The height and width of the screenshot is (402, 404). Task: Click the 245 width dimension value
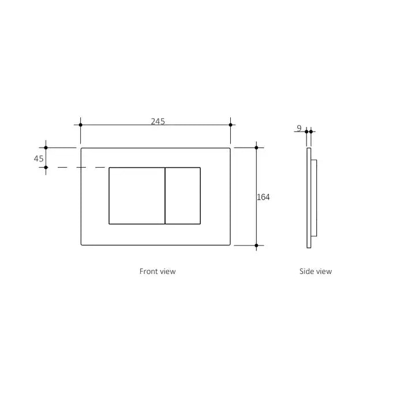158,121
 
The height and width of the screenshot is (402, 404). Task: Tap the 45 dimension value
39,159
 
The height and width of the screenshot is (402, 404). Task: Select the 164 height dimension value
263,197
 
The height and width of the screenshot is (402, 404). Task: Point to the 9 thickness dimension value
299,128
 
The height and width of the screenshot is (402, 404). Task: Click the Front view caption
158,271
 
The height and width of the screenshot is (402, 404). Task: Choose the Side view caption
316,271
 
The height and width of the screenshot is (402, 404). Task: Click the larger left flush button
137,196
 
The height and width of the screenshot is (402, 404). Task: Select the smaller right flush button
183,196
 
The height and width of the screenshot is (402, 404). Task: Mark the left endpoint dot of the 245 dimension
80,125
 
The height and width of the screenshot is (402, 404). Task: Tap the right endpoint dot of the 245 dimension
230,125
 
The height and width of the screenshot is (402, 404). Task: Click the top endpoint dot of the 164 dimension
256,148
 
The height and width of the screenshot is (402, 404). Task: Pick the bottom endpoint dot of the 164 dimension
256,246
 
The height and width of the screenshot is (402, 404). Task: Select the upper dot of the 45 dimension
46,148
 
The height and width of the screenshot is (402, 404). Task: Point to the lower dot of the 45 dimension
46,167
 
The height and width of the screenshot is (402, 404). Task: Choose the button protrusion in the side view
313,196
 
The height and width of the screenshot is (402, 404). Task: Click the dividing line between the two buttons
166,196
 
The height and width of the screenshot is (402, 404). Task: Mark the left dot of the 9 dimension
306,132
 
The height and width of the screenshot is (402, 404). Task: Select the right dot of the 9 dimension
311,132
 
